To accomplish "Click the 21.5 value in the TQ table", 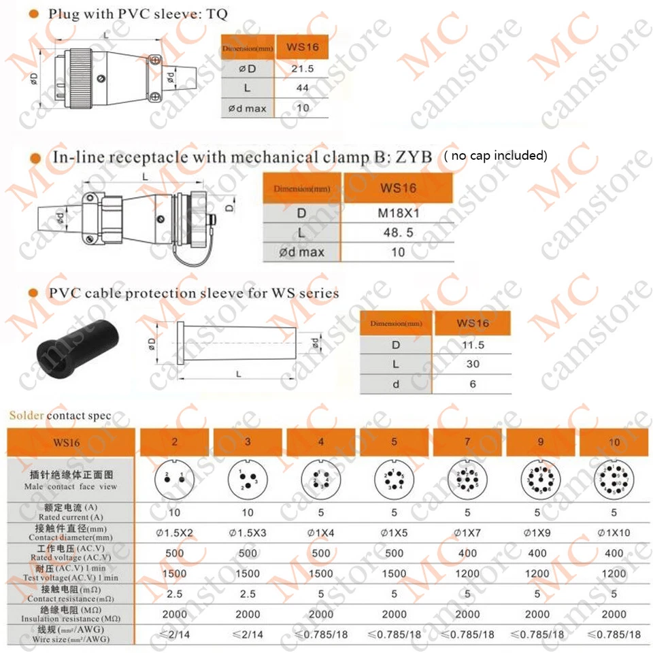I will (303, 69).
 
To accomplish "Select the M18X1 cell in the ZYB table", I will (399, 213).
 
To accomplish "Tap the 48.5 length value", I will (399, 233).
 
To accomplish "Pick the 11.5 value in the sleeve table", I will (472, 344).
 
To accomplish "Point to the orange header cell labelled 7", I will (467, 441).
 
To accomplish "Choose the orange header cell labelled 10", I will (614, 442).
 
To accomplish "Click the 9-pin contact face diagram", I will (541, 480).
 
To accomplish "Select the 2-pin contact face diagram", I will (175, 480).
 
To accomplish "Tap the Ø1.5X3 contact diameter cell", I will (248, 533).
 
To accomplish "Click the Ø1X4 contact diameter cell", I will (321, 533).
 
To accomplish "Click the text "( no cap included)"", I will (495, 156).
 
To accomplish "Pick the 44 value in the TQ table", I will (303, 88).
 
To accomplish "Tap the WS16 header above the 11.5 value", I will (472, 323).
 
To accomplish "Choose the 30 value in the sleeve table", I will (472, 364).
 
